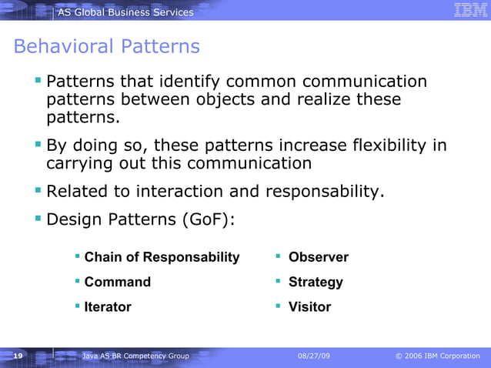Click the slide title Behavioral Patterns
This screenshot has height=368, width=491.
pos(106,47)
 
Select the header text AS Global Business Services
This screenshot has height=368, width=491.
pos(125,12)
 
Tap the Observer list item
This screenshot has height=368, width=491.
pos(318,257)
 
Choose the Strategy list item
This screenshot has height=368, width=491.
pos(316,282)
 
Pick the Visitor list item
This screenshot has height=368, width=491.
pos(309,306)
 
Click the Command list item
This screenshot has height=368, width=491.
pos(117,282)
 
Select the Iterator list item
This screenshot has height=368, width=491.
pos(108,306)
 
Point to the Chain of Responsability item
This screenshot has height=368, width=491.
pos(162,257)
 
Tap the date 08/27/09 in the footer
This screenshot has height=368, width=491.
pos(316,356)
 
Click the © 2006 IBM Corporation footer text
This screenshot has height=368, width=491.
pos(436,356)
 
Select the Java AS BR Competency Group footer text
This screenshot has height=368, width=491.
pos(135,356)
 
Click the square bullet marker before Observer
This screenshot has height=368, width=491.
pos(278,256)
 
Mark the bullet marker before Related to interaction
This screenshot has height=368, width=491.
pos(38,189)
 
